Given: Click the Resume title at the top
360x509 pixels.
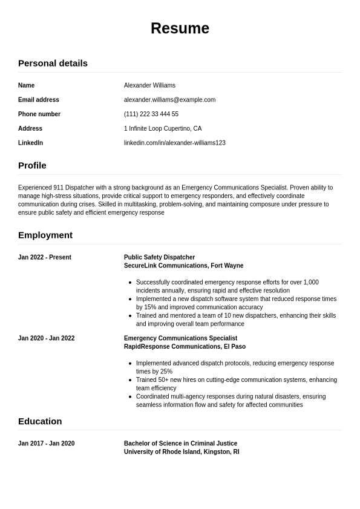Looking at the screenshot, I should pos(180,28).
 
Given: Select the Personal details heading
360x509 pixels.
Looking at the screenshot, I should pos(53,63).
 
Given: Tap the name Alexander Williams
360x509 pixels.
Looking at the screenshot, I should pos(149,85).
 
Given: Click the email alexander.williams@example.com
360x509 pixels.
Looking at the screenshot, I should pos(169,100).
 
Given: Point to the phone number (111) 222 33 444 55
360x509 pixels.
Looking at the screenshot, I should pos(151,114).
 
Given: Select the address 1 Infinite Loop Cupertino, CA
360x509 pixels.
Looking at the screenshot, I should pos(163,128).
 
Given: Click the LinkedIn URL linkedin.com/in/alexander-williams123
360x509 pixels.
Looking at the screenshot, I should pos(175,143).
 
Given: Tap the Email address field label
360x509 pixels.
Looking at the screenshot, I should pos(39,100).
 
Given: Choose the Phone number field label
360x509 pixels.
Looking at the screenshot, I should pos(39,114).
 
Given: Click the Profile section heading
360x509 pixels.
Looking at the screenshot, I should pos(32,165).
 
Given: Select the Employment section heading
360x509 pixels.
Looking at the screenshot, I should pos(45,235).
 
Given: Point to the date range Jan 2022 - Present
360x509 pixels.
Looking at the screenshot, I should pos(45,257).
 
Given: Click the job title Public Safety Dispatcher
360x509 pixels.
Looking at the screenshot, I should pos(159,257).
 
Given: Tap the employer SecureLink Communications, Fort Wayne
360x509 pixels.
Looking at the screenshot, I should pos(183,266).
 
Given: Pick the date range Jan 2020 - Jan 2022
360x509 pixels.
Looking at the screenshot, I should pos(47,338).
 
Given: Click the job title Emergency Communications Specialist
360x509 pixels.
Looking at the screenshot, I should pos(180,338).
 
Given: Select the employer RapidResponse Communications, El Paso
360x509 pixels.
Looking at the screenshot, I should pos(185,347).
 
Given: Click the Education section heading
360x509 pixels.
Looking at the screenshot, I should pos(40,421).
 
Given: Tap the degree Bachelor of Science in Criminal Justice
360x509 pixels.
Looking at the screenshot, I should pos(180,444).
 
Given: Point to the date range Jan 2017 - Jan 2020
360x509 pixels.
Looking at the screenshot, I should pos(47,444).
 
